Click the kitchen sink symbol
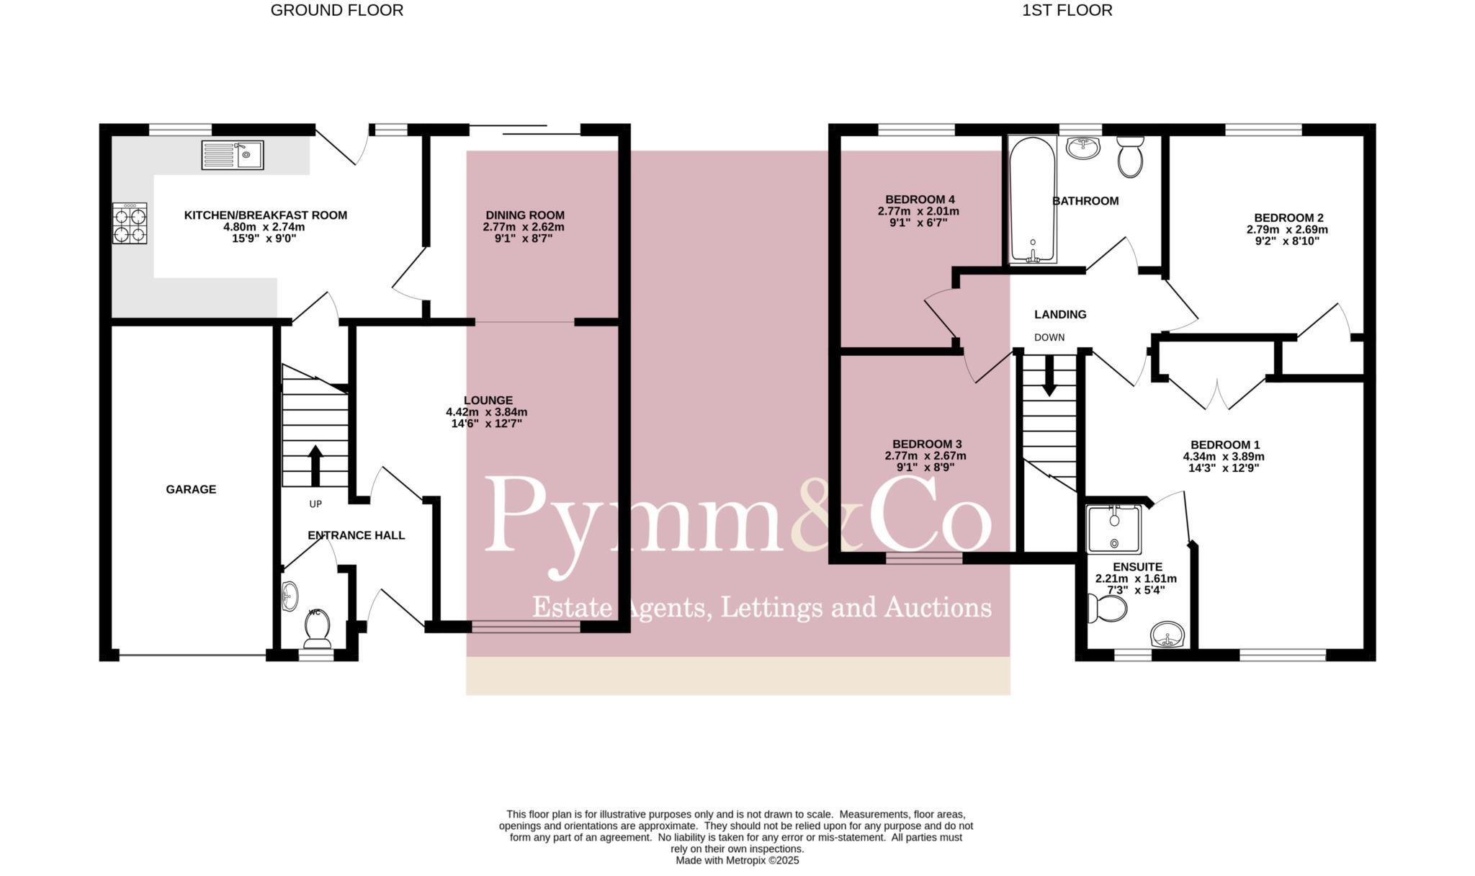pyautogui.click(x=233, y=155)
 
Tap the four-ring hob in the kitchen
pyautogui.click(x=130, y=223)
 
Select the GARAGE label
pyautogui.click(x=191, y=489)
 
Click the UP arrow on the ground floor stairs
pyautogui.click(x=315, y=465)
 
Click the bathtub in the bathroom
pyautogui.click(x=1033, y=200)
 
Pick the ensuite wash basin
pyautogui.click(x=1167, y=635)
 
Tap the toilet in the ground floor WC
pyautogui.click(x=317, y=627)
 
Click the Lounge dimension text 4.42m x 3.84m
pyautogui.click(x=486, y=412)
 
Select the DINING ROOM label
pyautogui.click(x=524, y=215)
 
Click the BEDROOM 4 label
pyautogui.click(x=920, y=200)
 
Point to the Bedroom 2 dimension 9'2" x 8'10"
pyautogui.click(x=1287, y=242)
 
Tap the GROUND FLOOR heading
pyautogui.click(x=336, y=10)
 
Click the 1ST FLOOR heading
pyautogui.click(x=1067, y=10)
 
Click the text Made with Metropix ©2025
pyautogui.click(x=737, y=860)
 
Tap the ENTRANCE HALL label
pyautogui.click(x=356, y=535)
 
